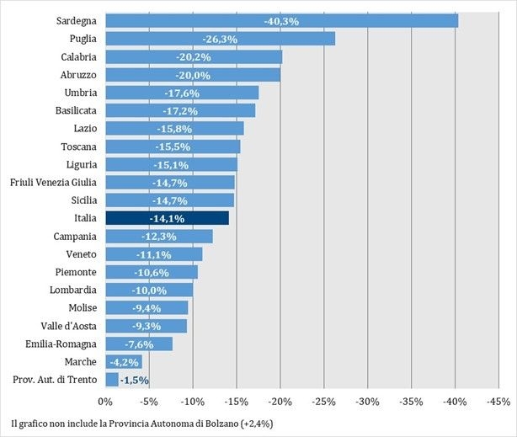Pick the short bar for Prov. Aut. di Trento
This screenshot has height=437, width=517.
112,380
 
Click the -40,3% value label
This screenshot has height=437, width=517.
281,20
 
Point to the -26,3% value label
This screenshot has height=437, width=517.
220,39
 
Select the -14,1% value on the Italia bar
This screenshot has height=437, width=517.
167,218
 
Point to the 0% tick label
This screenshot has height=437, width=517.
106,402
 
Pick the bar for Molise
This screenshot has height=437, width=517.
147,307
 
